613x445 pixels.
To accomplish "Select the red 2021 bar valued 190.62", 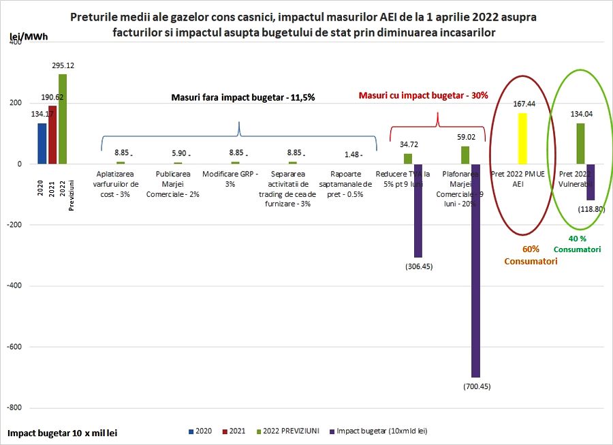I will (x=52, y=135).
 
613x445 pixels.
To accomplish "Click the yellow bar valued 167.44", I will (x=523, y=138).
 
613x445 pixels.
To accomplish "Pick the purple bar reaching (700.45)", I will (x=475, y=271).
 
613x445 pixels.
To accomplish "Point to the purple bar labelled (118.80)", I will (x=591, y=182).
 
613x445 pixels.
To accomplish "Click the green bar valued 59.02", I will (x=465, y=155).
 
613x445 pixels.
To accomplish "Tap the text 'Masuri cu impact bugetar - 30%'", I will (x=423, y=95).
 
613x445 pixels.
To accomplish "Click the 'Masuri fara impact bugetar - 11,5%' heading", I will (x=242, y=97).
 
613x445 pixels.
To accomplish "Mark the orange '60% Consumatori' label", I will (x=530, y=255).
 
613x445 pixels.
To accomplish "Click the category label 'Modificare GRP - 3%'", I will (x=230, y=179).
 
